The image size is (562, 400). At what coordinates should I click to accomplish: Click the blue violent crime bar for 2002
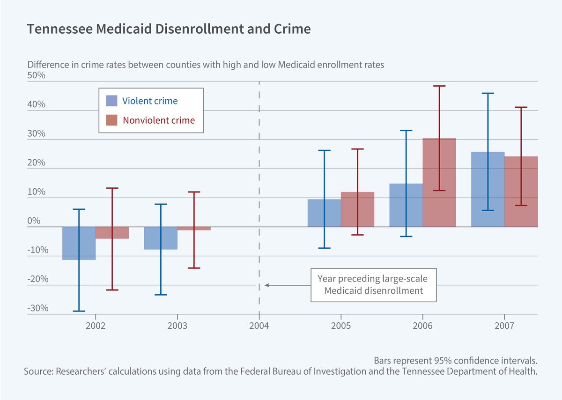(70, 244)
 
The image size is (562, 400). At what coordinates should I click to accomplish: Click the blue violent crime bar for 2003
(152, 238)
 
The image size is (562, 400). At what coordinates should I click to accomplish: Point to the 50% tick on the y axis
(36, 76)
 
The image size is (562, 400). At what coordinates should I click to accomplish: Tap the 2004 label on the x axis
(259, 324)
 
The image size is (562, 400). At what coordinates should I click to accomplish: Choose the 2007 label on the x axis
(504, 324)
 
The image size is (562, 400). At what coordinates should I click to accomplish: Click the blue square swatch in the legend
(111, 101)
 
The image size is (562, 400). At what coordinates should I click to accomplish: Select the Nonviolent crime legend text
(158, 120)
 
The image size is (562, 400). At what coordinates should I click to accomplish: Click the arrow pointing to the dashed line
(286, 284)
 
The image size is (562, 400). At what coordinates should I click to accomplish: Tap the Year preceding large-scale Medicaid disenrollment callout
(373, 284)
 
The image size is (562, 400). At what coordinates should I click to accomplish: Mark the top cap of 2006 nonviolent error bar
(439, 86)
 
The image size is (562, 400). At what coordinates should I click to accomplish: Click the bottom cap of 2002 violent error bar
(79, 311)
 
